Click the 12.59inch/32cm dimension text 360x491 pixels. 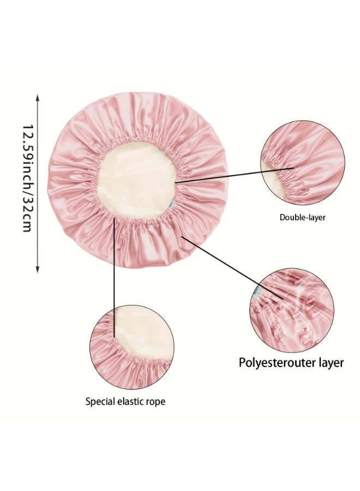tap(28, 178)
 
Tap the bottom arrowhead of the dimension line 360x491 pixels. tap(38, 270)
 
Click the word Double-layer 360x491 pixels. tap(302, 217)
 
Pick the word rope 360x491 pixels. tap(156, 402)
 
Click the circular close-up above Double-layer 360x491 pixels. tap(303, 163)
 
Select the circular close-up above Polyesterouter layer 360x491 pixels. tap(292, 310)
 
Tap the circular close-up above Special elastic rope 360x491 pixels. tap(132, 348)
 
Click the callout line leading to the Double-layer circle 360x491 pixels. tap(234, 175)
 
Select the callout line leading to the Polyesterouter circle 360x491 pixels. tap(232, 268)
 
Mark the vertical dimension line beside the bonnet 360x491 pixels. tap(38, 183)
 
